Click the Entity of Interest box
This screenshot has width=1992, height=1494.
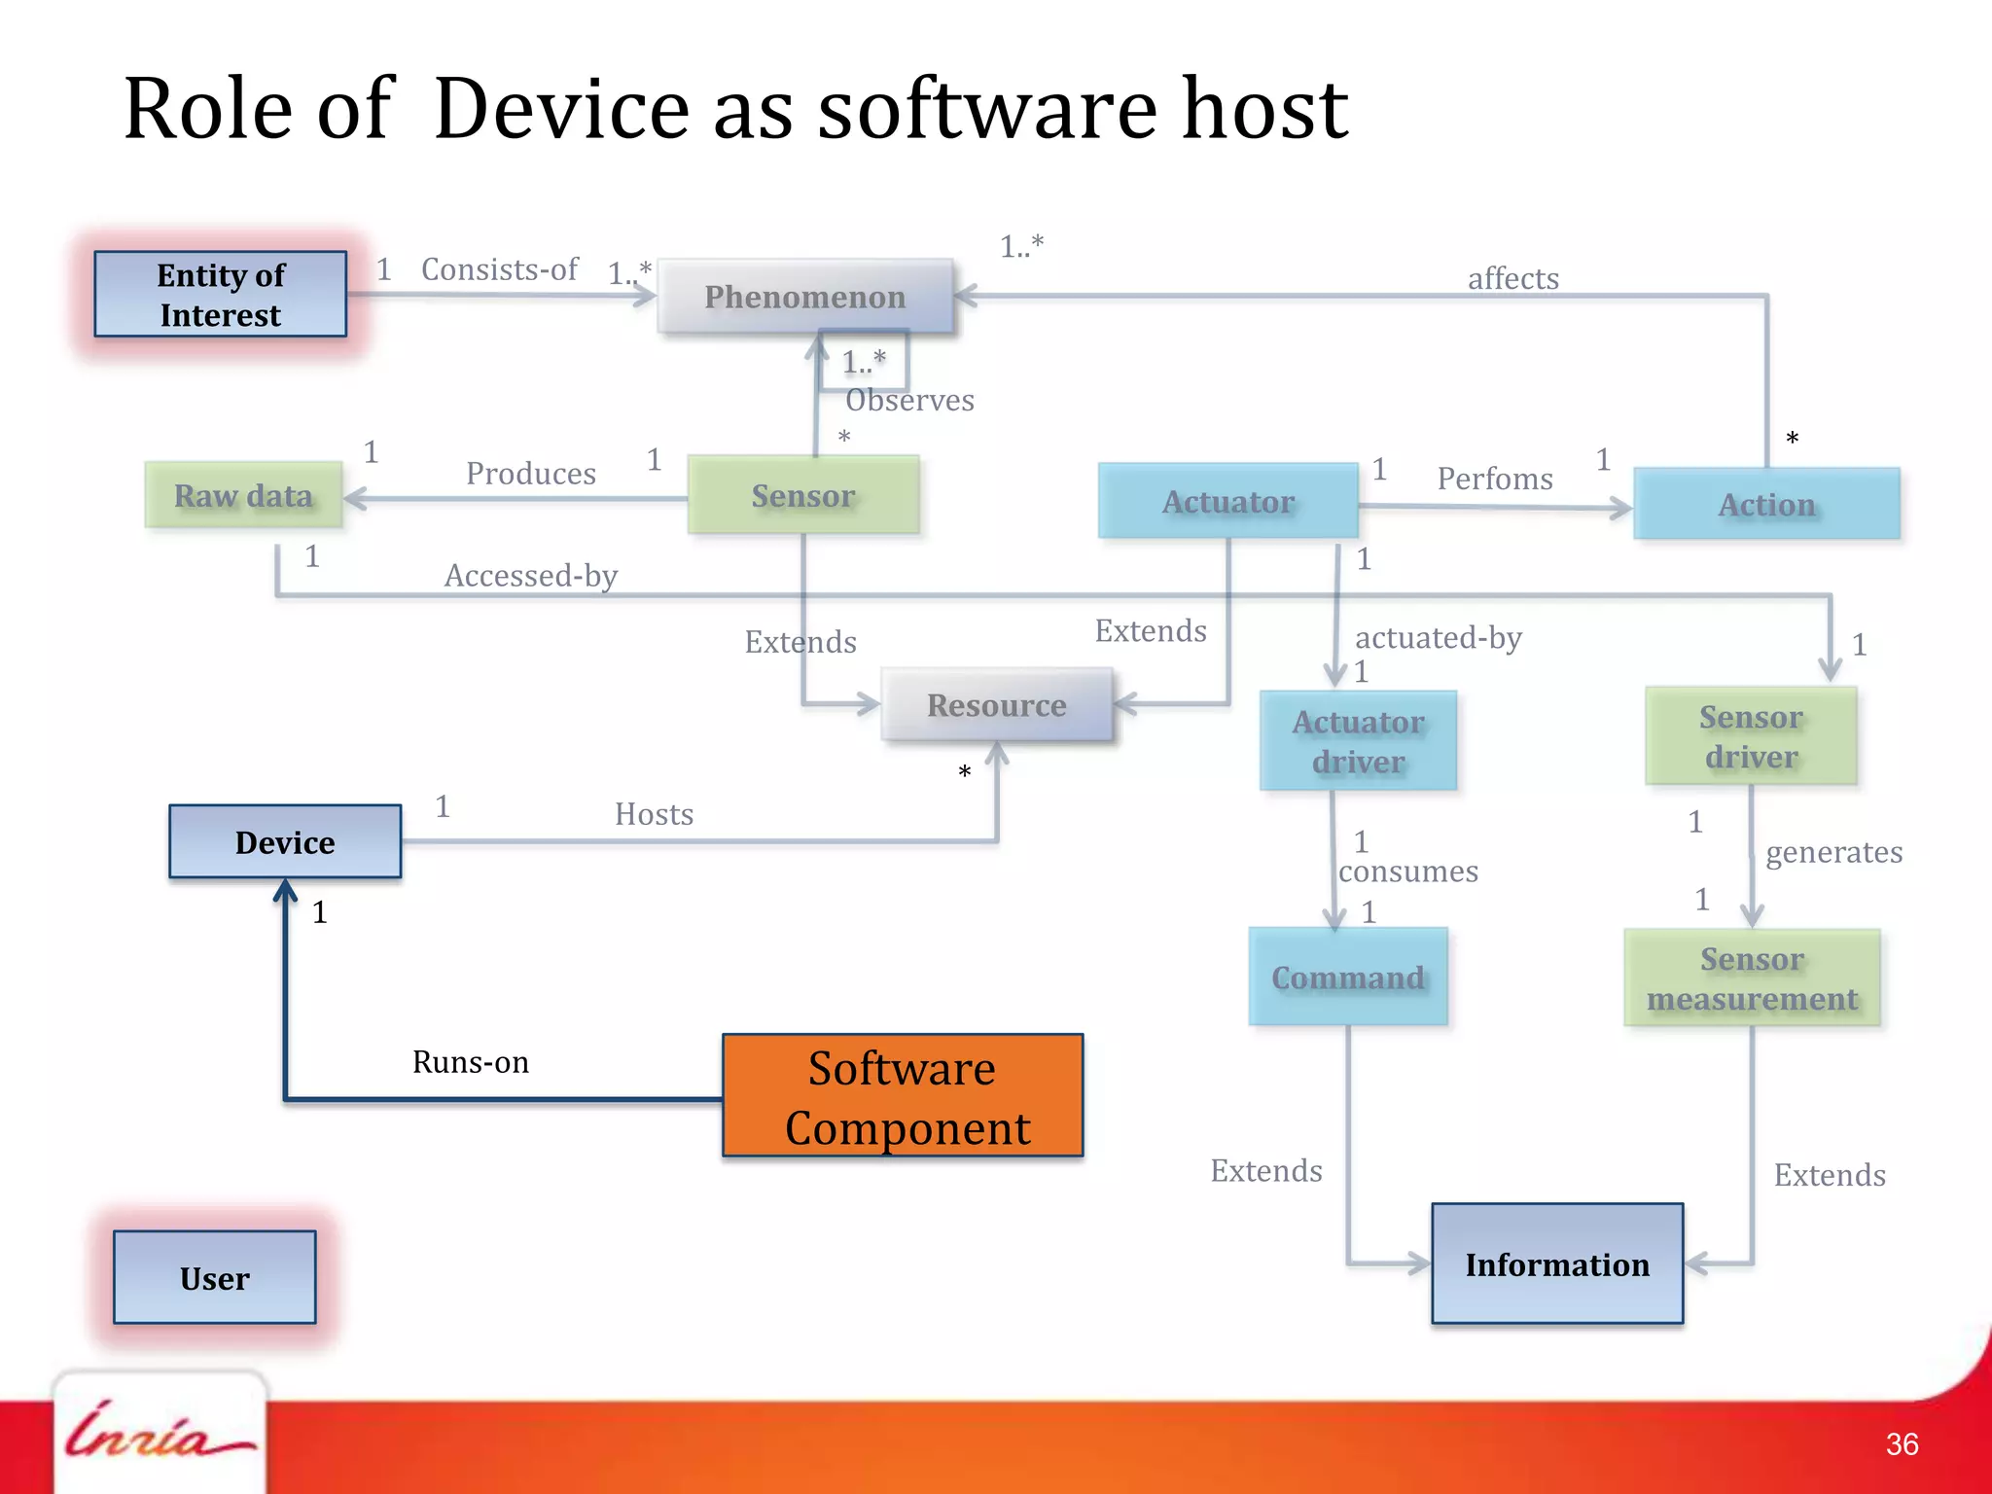[221, 295]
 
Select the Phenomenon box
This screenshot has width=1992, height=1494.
[805, 297]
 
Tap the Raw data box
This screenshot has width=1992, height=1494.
[243, 496]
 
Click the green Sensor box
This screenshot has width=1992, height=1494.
[803, 496]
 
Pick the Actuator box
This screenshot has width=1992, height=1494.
[1228, 502]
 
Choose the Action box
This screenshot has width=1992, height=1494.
[1766, 505]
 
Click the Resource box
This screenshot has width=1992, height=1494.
[997, 705]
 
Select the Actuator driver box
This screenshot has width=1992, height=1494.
[1358, 741]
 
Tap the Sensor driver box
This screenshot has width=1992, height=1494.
[1751, 736]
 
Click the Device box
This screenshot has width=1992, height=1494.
[285, 842]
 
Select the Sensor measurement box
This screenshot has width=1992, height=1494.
[1752, 978]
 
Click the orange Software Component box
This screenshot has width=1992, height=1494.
[903, 1096]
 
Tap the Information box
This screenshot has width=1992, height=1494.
[1557, 1264]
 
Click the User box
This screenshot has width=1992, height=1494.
[215, 1278]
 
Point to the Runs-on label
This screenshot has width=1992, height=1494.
[471, 1062]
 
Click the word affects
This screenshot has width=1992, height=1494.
[1512, 279]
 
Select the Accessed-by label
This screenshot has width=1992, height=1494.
[531, 576]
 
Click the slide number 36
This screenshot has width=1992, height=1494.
[1902, 1444]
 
